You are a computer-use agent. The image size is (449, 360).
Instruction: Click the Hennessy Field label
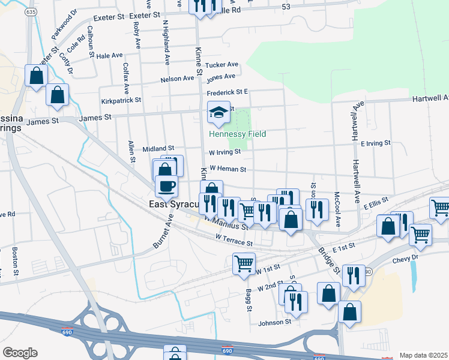(237, 134)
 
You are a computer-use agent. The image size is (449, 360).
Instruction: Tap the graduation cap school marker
(219, 113)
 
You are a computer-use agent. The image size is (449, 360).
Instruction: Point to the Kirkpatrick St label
(121, 101)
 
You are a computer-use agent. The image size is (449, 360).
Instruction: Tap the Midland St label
(158, 148)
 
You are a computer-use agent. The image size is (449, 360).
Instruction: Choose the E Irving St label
(376, 143)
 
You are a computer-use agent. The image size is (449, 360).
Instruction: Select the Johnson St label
(274, 322)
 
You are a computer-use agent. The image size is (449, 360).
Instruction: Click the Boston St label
(14, 257)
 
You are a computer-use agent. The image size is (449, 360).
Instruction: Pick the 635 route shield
(31, 12)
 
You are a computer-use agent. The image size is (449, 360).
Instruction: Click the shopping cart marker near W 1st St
(244, 263)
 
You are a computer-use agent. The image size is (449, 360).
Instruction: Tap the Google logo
(20, 353)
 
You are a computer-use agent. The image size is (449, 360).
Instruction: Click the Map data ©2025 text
(423, 355)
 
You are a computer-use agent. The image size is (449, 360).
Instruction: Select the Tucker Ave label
(221, 65)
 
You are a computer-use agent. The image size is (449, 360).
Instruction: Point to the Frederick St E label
(228, 92)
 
